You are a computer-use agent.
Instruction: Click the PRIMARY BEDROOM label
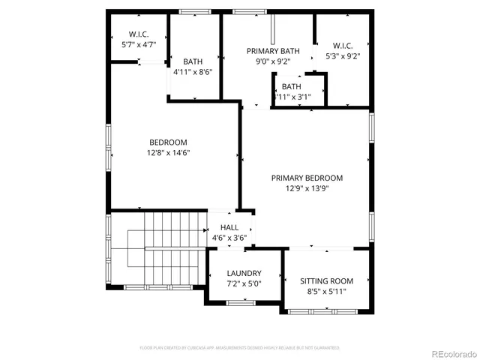click(x=307, y=178)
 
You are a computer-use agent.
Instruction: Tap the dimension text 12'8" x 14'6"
click(x=168, y=153)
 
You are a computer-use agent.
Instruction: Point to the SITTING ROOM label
click(x=326, y=280)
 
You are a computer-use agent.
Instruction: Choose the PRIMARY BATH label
click(x=273, y=51)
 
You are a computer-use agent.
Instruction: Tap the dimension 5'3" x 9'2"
click(x=343, y=55)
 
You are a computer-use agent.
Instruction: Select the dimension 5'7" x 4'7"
click(x=138, y=44)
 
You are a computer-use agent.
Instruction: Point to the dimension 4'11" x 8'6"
click(x=193, y=73)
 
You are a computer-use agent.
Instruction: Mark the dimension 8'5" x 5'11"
click(x=326, y=291)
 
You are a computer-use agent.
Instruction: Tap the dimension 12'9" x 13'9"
click(x=307, y=189)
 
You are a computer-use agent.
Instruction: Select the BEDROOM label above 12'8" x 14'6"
click(x=168, y=142)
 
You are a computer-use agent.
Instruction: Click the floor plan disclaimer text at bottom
click(x=240, y=348)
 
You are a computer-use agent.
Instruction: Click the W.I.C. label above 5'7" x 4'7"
click(x=138, y=34)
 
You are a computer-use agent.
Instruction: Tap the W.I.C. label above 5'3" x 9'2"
click(x=343, y=45)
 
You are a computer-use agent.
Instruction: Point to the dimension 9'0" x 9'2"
click(x=273, y=62)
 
